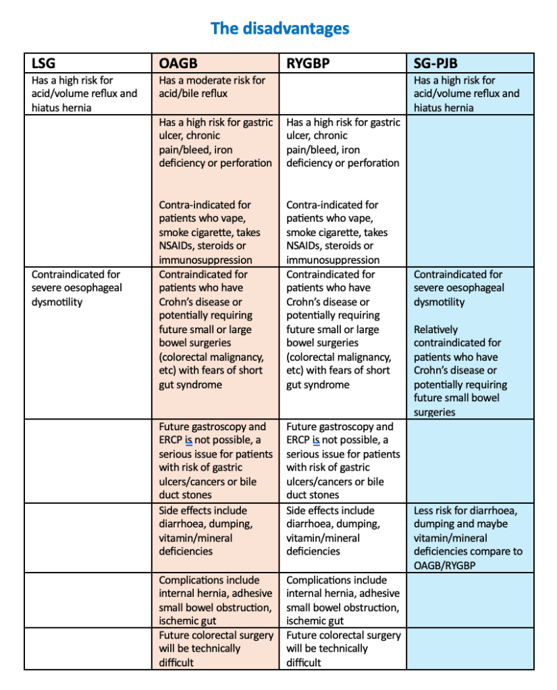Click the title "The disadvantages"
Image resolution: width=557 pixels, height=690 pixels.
coord(280,28)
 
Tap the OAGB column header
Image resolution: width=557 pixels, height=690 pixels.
coord(178,63)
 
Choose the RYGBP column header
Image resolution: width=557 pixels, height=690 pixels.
coord(308,63)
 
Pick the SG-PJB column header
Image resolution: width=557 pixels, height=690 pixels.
coord(435,63)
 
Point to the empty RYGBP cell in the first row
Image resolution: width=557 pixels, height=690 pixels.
coord(343,94)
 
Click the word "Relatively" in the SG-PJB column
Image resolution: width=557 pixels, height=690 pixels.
coord(435,330)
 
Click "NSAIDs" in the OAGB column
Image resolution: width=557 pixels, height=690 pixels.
coord(179,246)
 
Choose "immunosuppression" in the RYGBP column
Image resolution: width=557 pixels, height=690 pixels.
coord(333,260)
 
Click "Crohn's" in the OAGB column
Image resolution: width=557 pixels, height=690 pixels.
coord(178,302)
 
